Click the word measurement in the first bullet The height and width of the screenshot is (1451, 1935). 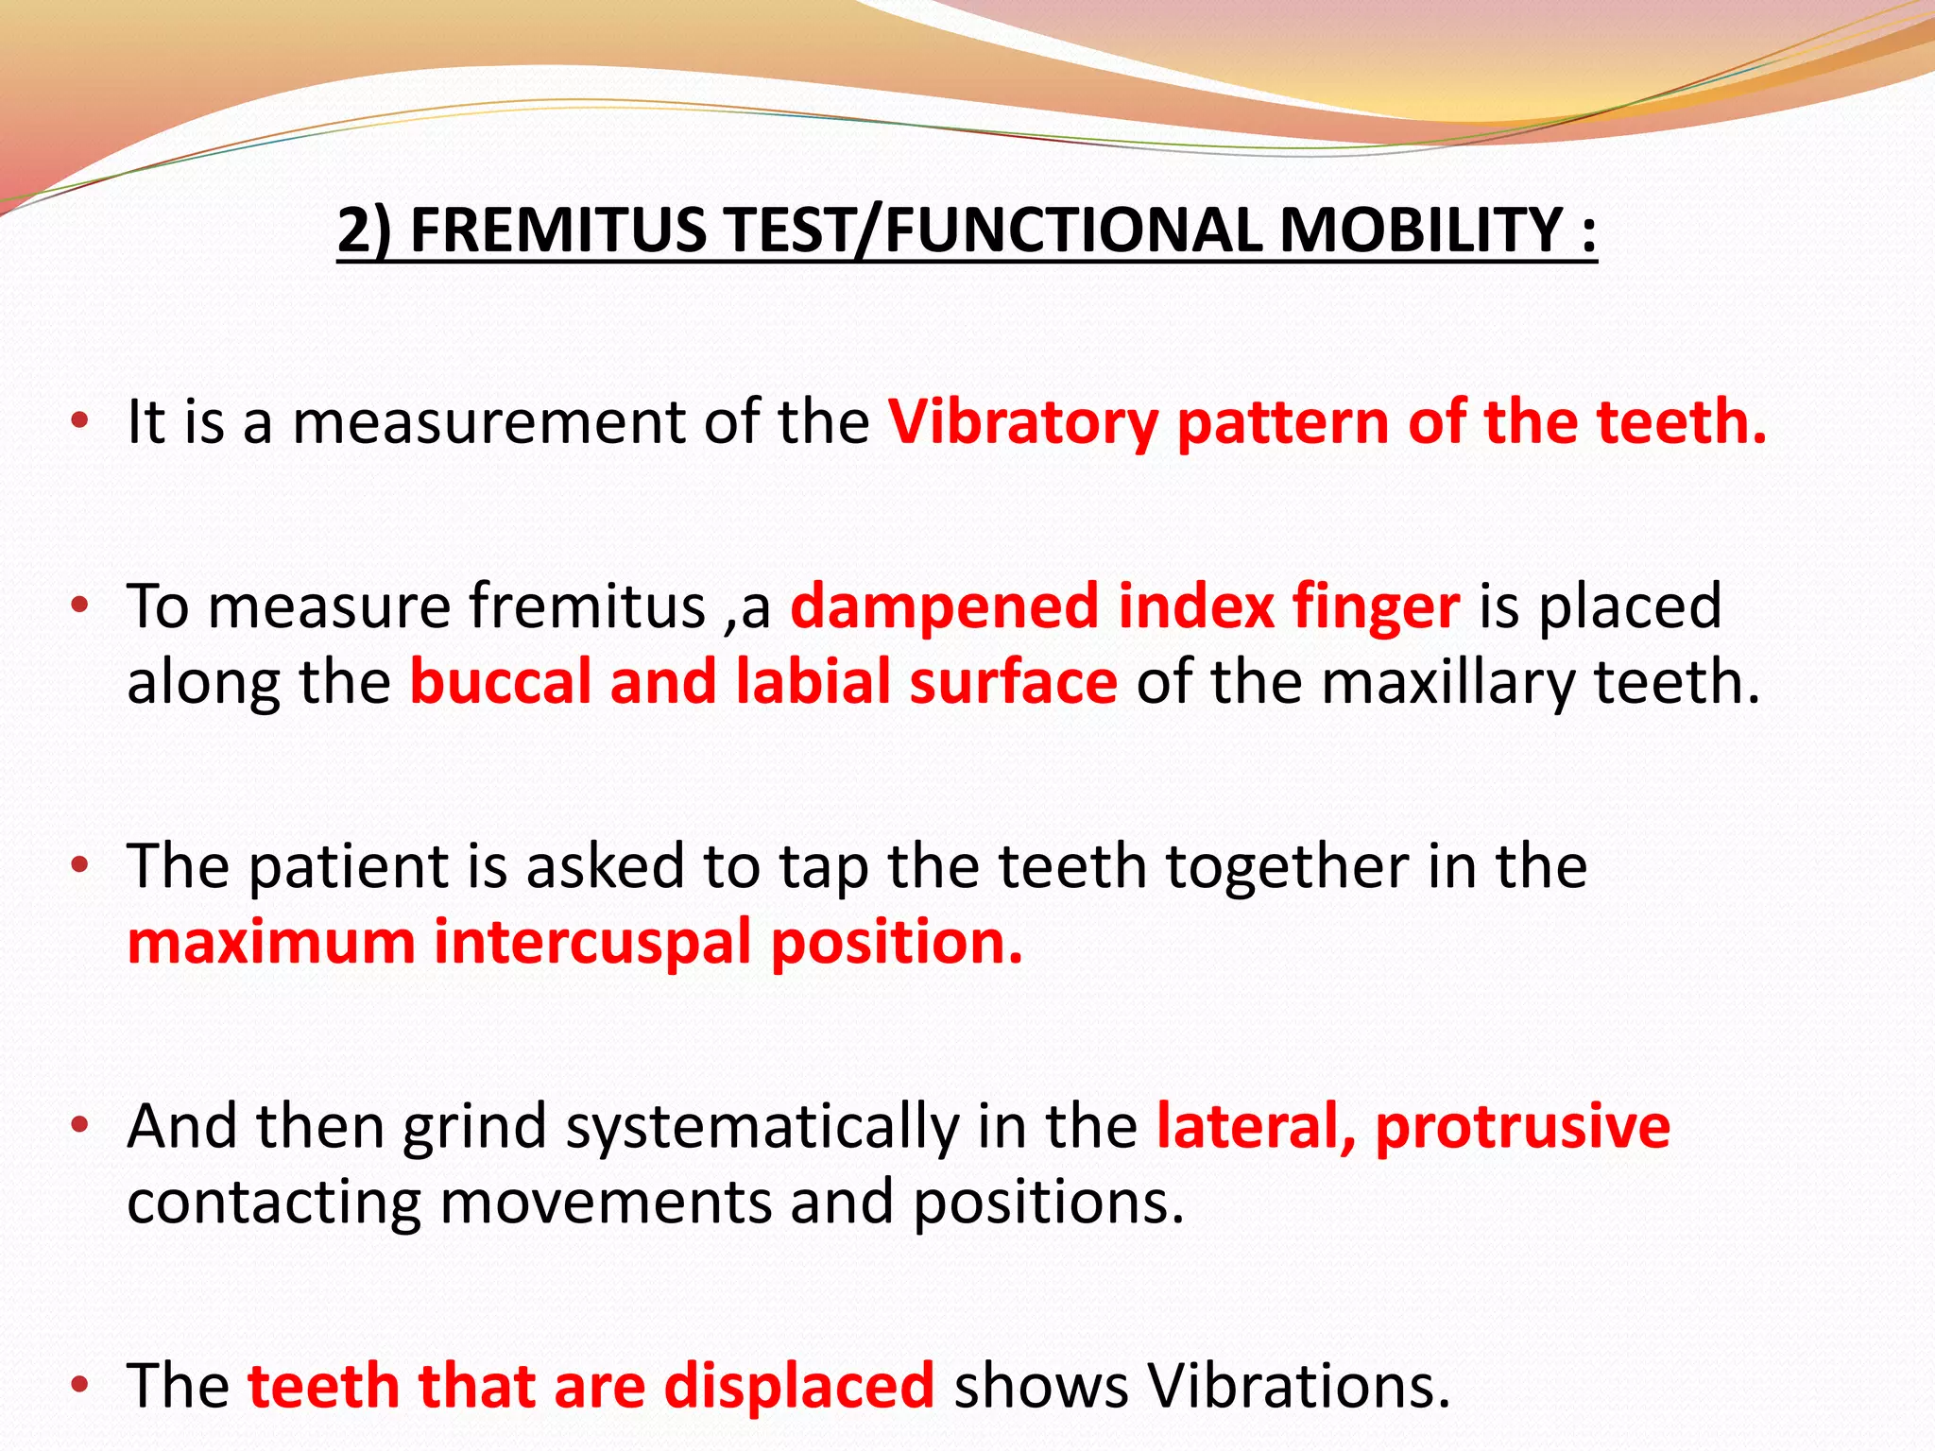(488, 422)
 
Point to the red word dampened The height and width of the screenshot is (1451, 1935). (943, 606)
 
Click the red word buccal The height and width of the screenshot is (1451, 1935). (500, 682)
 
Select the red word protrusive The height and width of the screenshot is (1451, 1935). (1522, 1126)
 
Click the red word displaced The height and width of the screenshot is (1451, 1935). (798, 1386)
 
